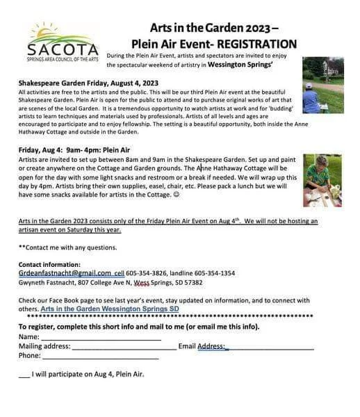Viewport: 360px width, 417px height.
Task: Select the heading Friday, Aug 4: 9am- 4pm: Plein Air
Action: point(74,150)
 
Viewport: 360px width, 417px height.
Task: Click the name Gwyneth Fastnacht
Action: point(46,283)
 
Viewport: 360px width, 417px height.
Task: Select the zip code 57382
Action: point(191,283)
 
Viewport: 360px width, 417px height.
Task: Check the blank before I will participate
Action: point(24,375)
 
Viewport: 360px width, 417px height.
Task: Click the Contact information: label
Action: point(49,265)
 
